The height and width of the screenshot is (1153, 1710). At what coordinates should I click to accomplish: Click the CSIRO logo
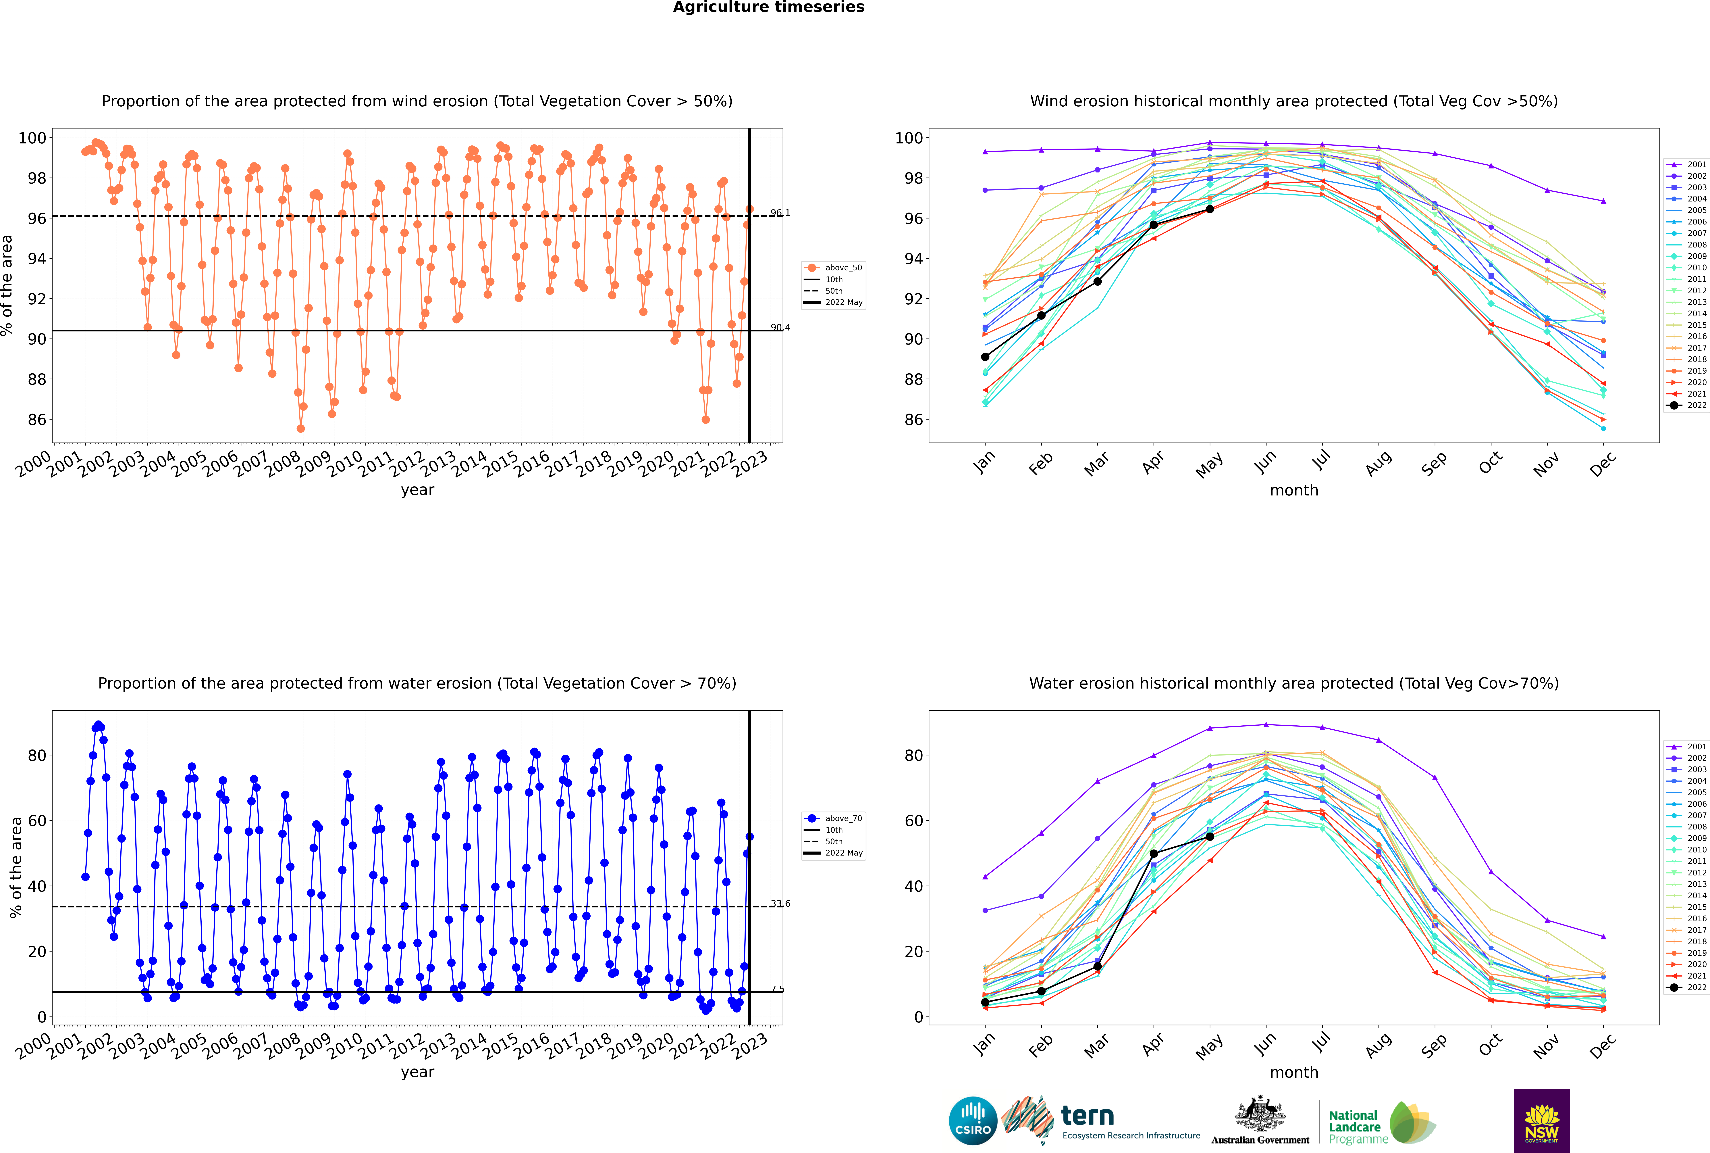(973, 1121)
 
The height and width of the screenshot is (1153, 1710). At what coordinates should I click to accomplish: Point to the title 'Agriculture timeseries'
(768, 7)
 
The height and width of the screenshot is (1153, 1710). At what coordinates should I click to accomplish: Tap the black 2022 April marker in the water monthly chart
(1154, 854)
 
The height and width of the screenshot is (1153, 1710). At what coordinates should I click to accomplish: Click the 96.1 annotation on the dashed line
(780, 213)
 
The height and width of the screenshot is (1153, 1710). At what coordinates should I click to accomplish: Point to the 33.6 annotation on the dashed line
(780, 904)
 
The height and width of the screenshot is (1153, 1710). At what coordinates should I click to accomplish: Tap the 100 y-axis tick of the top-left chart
(32, 138)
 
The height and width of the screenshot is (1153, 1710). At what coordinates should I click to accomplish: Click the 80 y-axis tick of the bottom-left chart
(37, 755)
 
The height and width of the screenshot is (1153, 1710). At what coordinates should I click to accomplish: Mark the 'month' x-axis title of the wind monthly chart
(1294, 491)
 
